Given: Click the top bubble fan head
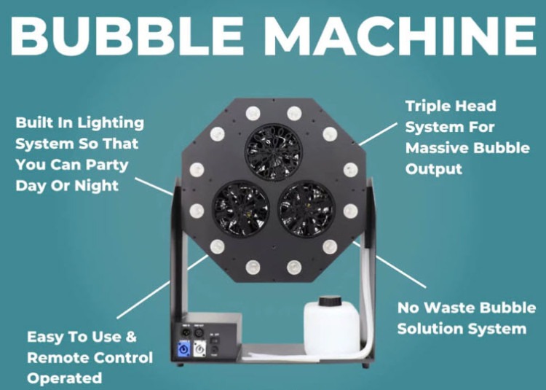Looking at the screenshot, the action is coord(274,152).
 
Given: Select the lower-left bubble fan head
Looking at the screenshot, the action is coord(241,208).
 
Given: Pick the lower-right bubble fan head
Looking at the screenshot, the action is coord(306,208).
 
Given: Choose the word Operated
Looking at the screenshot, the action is coord(64,378).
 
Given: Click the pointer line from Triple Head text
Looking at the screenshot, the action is coord(378,133).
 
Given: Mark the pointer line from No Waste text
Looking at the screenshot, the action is coord(389,265).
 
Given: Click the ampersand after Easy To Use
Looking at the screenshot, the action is coord(130,337).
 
